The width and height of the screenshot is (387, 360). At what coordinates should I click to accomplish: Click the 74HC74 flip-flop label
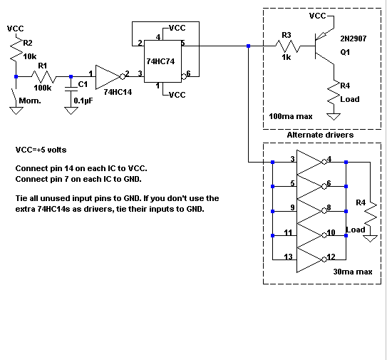[160, 61]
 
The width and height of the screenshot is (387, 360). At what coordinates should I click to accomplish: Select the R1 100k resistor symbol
[44, 77]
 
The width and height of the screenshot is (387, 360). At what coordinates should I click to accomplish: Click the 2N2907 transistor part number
[354, 38]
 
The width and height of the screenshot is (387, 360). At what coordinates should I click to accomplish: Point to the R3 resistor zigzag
[288, 46]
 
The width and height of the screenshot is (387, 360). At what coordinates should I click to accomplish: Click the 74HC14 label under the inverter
[118, 92]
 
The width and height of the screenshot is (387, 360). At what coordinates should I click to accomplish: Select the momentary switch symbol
[15, 96]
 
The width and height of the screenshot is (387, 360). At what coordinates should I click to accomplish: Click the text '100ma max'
[291, 116]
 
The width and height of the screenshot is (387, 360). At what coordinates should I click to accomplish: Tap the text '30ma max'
[353, 272]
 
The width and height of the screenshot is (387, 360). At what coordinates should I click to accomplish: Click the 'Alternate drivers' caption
[320, 135]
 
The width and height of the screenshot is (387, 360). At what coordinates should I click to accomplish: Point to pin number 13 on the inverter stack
[288, 257]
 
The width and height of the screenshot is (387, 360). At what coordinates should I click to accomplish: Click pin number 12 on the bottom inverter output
[331, 257]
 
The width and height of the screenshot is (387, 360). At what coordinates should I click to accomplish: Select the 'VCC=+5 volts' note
[41, 150]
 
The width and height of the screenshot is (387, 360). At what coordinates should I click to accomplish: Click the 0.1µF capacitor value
[83, 101]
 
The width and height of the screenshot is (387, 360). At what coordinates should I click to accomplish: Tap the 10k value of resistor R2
[30, 56]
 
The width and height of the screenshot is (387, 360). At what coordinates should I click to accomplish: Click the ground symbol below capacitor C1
[71, 110]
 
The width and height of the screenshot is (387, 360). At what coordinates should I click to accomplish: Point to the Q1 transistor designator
[345, 52]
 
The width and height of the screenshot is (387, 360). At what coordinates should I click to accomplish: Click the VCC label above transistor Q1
[318, 16]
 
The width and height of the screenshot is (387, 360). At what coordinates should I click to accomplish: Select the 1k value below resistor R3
[287, 57]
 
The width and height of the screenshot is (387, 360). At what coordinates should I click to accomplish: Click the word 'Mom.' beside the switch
[30, 101]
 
